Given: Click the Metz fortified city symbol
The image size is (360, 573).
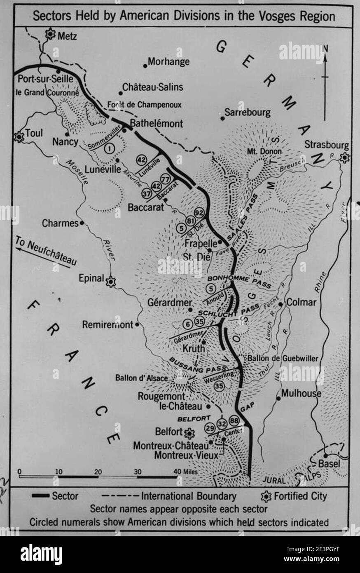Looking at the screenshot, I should (50, 34).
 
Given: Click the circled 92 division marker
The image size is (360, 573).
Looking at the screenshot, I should (199, 213).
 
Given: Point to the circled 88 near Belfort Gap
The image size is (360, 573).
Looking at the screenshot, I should (234, 421).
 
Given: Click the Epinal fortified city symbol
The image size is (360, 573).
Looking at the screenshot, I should (110, 282).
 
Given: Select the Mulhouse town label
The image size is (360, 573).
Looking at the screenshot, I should (301, 393).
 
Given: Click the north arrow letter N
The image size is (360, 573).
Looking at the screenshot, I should (325, 48).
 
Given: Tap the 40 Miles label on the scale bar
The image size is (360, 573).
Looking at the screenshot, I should (186, 471).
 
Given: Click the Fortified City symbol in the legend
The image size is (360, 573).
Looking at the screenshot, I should (266, 496).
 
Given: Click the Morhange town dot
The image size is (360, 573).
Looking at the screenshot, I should (145, 65).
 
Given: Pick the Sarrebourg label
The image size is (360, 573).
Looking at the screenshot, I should (248, 112).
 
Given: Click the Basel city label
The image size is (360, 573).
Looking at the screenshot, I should (330, 464).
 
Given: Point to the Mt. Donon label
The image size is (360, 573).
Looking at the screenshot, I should (264, 151).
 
